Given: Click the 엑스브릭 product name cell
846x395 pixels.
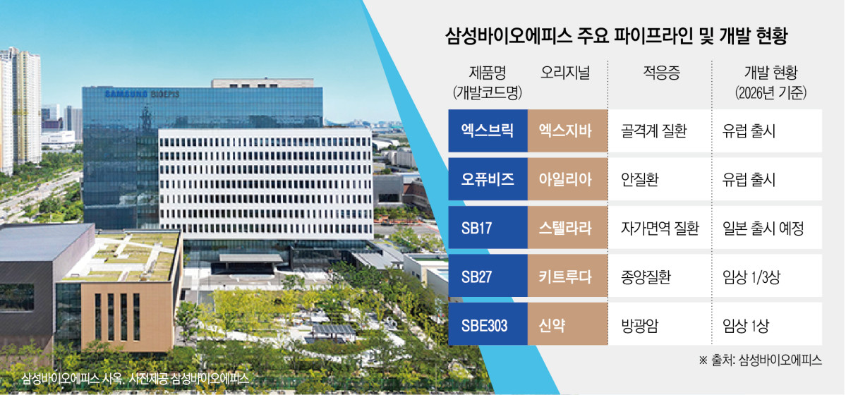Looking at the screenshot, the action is [x=488, y=131].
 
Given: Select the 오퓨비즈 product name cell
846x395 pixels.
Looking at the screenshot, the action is [x=488, y=179].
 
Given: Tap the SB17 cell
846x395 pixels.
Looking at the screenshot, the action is [x=488, y=228].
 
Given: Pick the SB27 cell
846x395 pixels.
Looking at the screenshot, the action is [x=488, y=276].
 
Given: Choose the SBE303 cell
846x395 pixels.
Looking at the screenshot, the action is [x=488, y=324].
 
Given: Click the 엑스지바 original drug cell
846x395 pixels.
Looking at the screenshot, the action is [x=567, y=131].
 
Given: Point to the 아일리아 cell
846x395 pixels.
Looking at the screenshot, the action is [x=567, y=179].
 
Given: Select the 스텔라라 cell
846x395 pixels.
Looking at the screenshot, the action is [x=567, y=228].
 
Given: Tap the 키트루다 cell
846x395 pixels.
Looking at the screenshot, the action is [x=567, y=276].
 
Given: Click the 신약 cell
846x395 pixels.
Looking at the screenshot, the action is [x=567, y=324].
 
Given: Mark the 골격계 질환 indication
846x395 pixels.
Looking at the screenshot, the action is [x=653, y=131].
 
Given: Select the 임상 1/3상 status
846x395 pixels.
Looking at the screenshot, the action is [x=751, y=276].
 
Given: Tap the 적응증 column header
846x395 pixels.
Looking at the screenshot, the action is [x=661, y=74].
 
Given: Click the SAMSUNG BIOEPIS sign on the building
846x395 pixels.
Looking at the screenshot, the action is [x=142, y=95].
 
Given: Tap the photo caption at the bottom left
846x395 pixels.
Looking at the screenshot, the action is [x=135, y=378].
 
